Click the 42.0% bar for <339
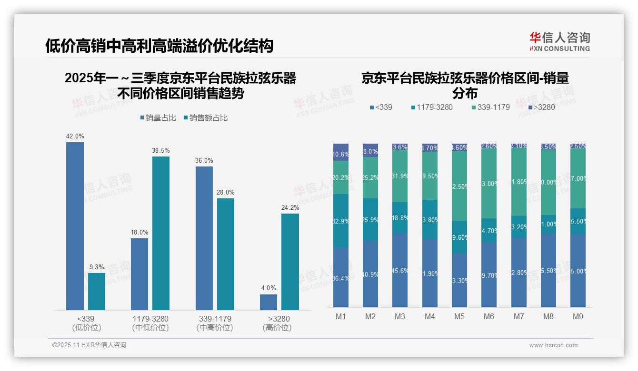click(x=75, y=226)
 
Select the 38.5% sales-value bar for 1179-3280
click(x=161, y=233)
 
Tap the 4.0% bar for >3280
click(x=269, y=302)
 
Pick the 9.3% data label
click(x=97, y=267)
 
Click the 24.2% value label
click(x=290, y=207)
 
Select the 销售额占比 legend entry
click(x=205, y=118)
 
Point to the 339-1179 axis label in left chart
click(x=214, y=319)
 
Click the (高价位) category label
click(x=277, y=328)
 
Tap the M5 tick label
click(x=459, y=316)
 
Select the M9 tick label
click(x=578, y=316)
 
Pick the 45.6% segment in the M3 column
click(x=400, y=270)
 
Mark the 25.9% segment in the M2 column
click(x=370, y=219)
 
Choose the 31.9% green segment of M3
click(x=400, y=177)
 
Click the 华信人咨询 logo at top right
click(x=560, y=41)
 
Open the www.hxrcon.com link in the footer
click(x=553, y=345)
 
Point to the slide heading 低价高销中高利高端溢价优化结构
click(x=159, y=46)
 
